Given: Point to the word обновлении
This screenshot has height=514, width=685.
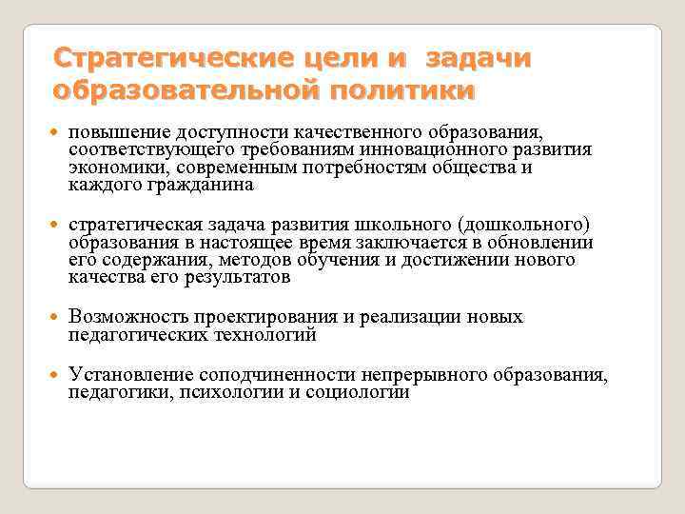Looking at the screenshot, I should [545, 243].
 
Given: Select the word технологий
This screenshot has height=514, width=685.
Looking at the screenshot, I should [269, 334].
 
